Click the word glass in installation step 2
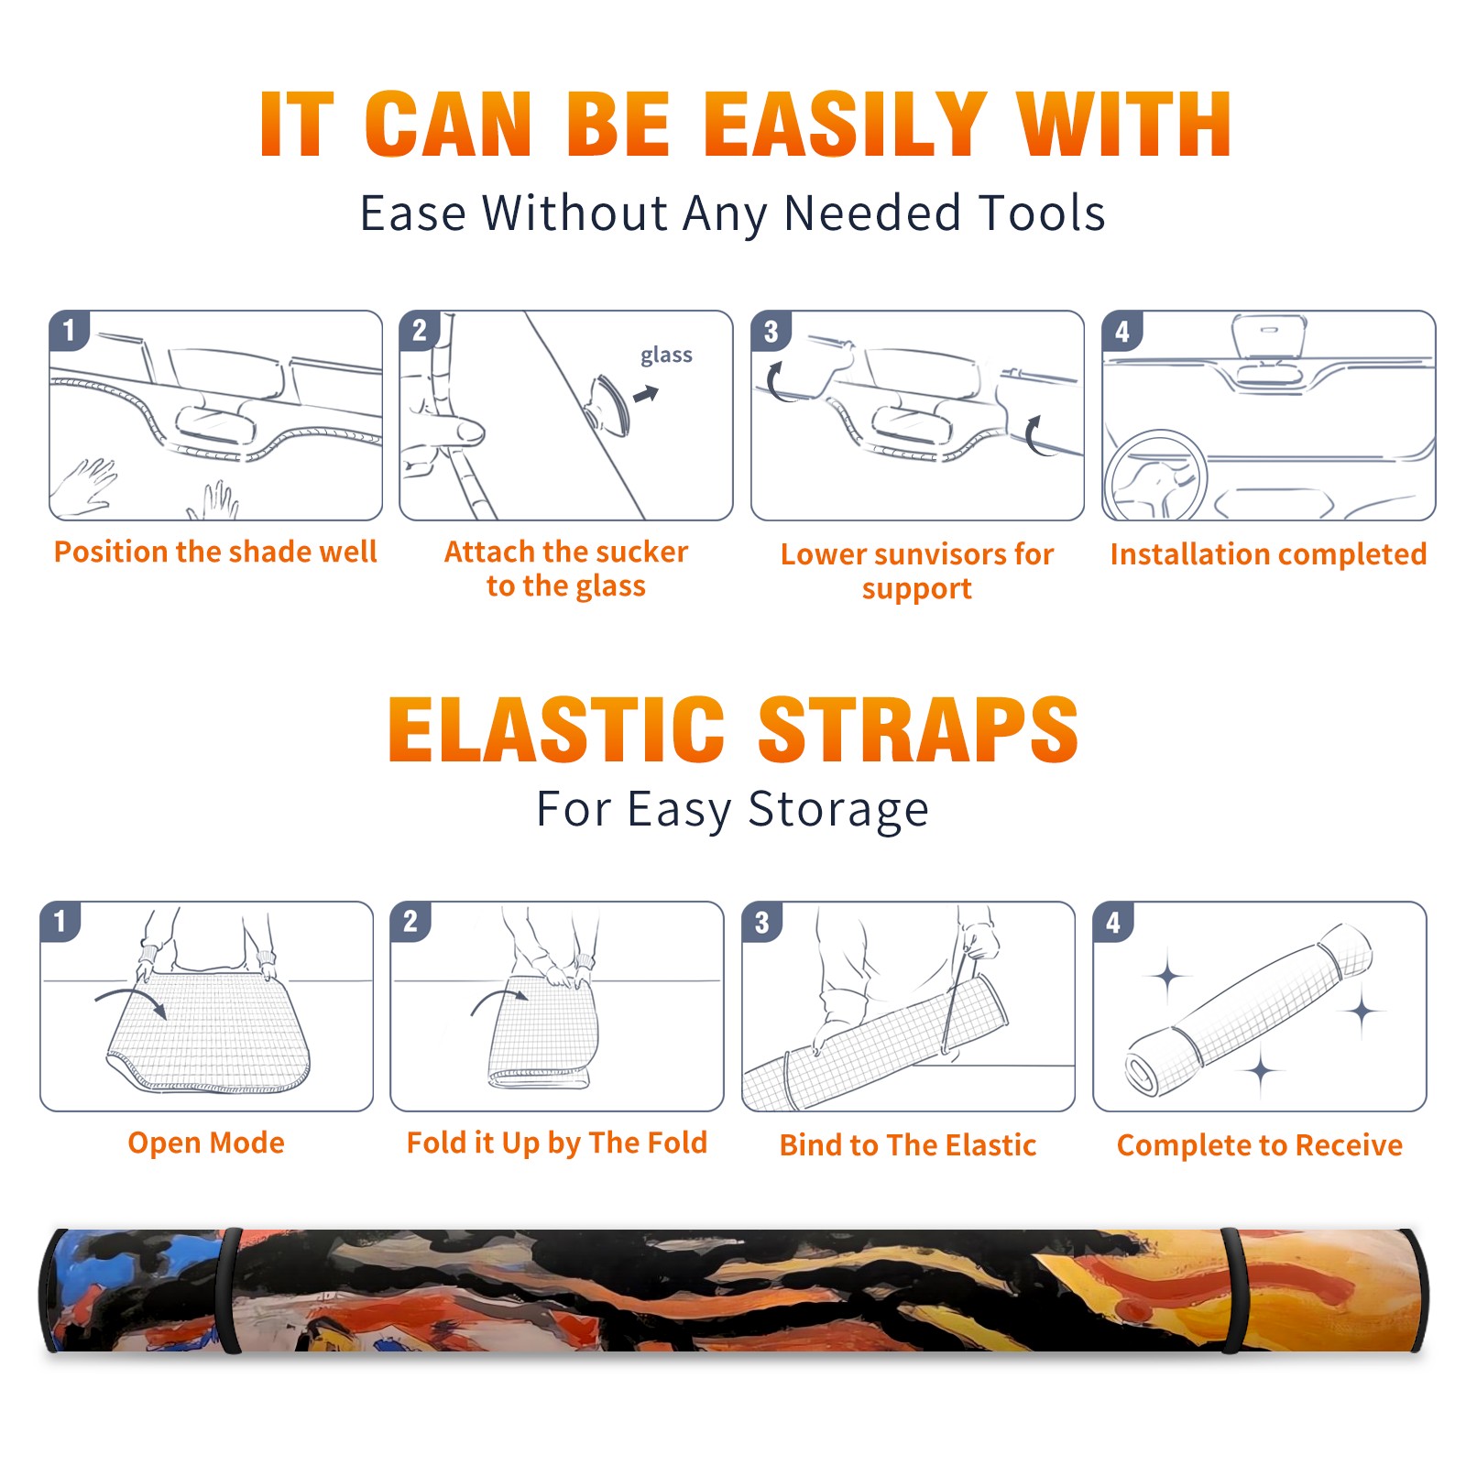point(666,355)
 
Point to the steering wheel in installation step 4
point(1155,476)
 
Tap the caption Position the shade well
point(215,552)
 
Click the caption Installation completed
point(1268,553)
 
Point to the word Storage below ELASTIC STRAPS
point(838,810)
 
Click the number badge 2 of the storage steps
point(410,921)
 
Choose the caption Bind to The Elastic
point(907,1144)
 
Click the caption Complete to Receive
point(1259,1144)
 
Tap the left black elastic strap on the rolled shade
point(229,1290)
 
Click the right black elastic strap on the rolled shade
point(1232,1290)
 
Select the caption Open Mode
point(206,1143)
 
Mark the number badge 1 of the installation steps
point(69,331)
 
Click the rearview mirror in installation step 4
point(1268,336)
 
